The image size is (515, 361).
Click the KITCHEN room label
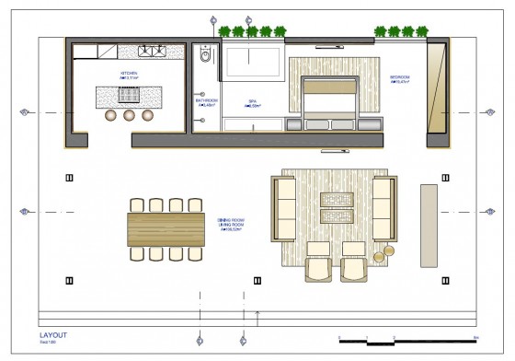128,73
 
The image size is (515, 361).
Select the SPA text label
252,102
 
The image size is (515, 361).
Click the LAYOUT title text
52,334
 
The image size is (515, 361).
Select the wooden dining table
166,226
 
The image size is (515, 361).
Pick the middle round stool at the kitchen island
128,115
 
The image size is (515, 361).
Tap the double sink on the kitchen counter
152,50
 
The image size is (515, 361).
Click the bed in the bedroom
332,101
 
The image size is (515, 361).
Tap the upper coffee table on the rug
336,198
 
